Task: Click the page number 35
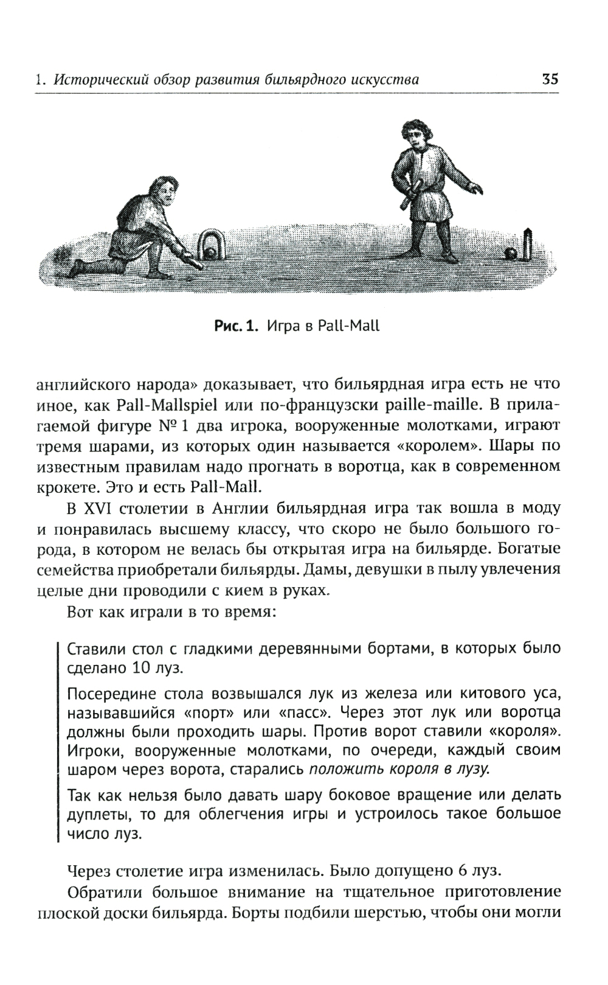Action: click(x=549, y=79)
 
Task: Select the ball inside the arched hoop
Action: click(x=211, y=251)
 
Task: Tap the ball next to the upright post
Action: click(x=511, y=252)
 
